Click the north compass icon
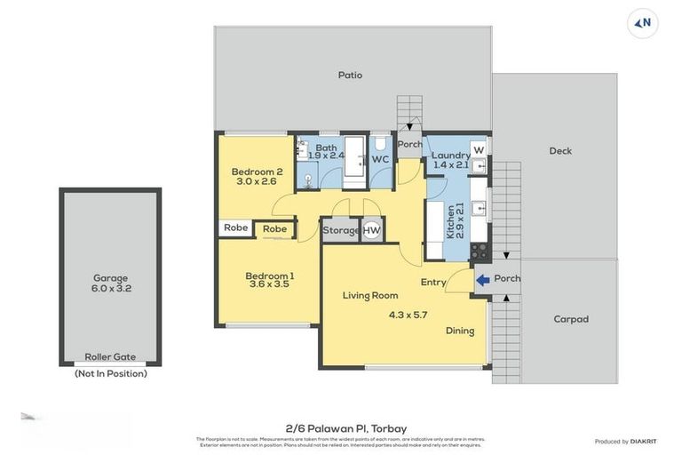(x=643, y=23)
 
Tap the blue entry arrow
(x=482, y=280)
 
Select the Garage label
(x=111, y=277)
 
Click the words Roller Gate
(x=110, y=356)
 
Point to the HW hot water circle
(x=371, y=230)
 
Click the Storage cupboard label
(x=341, y=230)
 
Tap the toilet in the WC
(x=380, y=145)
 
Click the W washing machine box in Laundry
(x=479, y=149)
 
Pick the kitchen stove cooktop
(x=480, y=251)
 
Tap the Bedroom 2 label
(x=257, y=172)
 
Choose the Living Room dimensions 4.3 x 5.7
(x=408, y=315)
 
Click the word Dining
(x=460, y=331)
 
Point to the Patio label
(x=350, y=76)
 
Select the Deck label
(x=560, y=151)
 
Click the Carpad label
(x=571, y=319)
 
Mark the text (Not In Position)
(x=110, y=374)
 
